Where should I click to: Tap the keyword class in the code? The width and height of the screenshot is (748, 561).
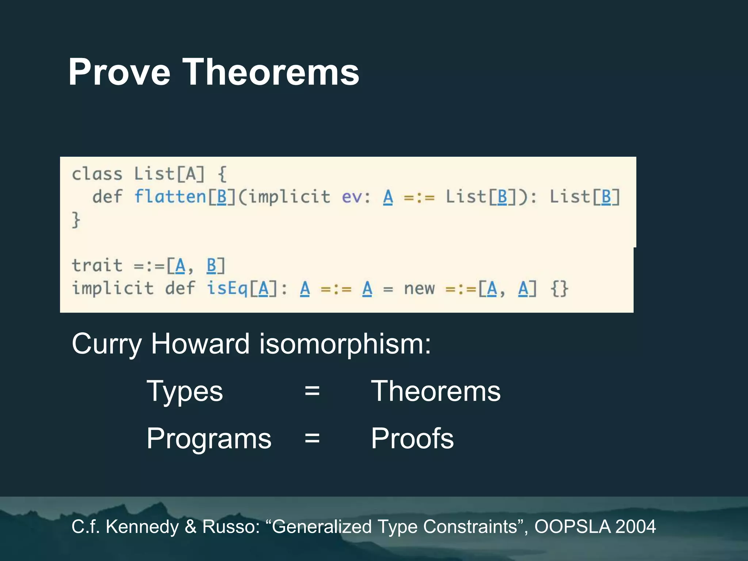(97, 174)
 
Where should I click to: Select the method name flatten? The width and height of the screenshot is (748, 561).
(170, 197)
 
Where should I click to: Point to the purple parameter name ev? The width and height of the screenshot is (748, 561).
(351, 198)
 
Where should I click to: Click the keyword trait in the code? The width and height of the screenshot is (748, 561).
(97, 266)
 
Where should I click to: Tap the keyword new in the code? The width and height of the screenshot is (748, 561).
(419, 289)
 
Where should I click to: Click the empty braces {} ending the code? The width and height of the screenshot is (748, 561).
(560, 289)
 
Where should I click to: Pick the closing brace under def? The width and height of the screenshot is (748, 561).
(76, 220)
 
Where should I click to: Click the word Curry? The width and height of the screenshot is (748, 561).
(106, 344)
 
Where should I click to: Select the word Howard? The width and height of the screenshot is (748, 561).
(200, 344)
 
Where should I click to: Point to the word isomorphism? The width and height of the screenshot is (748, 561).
(345, 344)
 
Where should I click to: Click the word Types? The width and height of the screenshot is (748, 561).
(185, 392)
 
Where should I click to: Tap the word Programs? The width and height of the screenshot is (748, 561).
(209, 439)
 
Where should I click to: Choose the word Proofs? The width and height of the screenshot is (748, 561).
(412, 438)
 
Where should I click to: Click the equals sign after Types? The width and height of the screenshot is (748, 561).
(312, 392)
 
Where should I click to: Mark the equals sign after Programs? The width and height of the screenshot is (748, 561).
(312, 438)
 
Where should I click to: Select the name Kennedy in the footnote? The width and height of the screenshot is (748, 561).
(142, 527)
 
